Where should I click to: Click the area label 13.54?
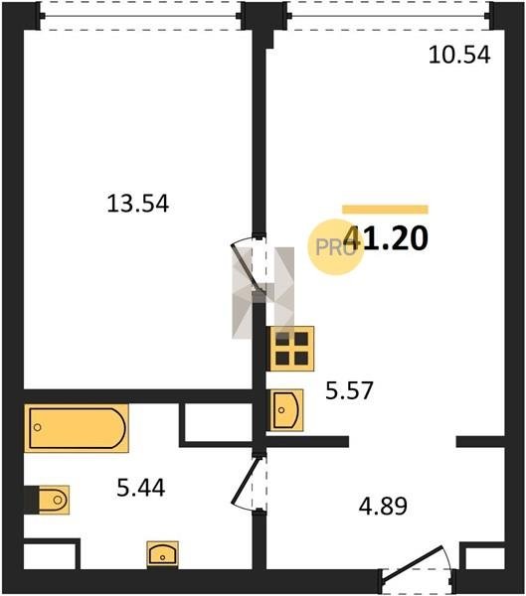coord(138,204)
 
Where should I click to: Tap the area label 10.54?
coord(459,55)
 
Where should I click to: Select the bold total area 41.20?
coord(386,238)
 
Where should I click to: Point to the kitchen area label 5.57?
coord(349,390)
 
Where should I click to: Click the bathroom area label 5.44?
coord(141,488)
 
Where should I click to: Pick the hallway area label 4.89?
coord(383,506)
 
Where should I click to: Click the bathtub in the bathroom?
coord(77,428)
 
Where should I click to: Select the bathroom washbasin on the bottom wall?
coord(162,554)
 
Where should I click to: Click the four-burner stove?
coord(292,349)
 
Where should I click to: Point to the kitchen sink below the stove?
coord(286,410)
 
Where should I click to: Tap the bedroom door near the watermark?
coord(249,264)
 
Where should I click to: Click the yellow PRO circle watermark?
coord(335,247)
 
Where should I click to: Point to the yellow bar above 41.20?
coord(385,210)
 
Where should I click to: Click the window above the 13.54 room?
coord(141,16)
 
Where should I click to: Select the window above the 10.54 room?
coord(389,16)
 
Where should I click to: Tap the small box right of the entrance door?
coord(482,557)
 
